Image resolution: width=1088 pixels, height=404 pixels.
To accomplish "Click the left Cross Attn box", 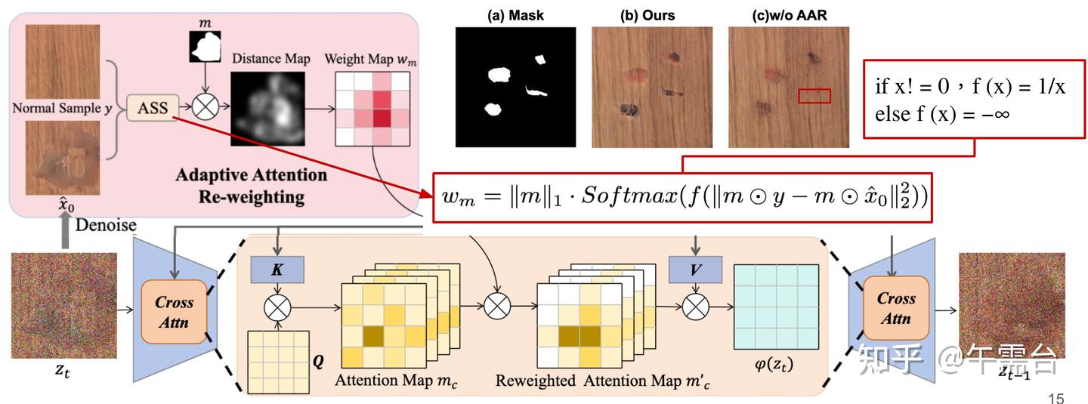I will [x=175, y=310].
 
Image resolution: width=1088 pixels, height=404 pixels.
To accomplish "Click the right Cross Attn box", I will [x=896, y=308].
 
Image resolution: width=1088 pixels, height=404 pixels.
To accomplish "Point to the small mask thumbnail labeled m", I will [x=205, y=47].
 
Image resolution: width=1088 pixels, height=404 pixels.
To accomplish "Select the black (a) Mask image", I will [x=515, y=87].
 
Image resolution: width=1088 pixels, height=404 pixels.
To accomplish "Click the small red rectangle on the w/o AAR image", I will [x=814, y=95].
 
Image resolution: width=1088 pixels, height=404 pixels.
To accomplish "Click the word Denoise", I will [x=106, y=224].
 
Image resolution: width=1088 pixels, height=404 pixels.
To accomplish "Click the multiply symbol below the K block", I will [x=276, y=307].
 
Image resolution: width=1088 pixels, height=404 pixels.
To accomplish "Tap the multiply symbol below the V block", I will [x=695, y=307].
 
